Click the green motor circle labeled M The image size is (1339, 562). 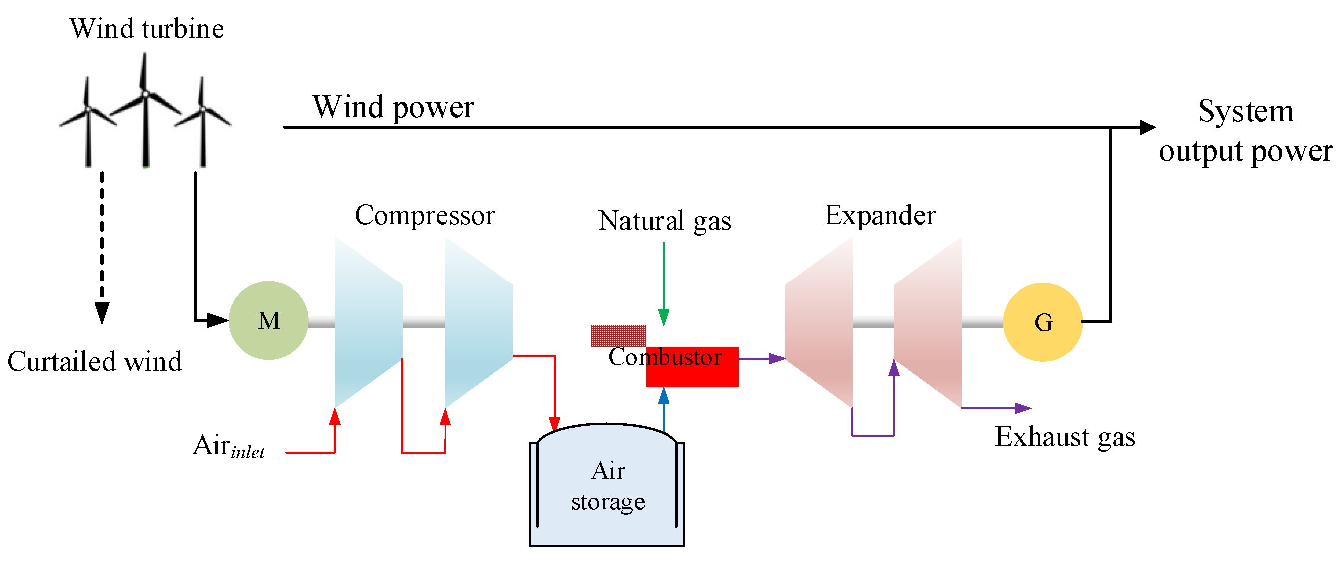269,321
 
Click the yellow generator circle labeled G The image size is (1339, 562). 1042,322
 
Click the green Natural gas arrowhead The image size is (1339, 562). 663,316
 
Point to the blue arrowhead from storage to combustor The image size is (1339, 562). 663,396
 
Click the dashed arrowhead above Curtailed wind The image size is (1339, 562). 102,312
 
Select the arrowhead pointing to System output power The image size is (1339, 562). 1148,127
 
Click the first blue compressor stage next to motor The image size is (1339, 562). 368,322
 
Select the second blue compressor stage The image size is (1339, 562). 478,322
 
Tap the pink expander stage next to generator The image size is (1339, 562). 928,322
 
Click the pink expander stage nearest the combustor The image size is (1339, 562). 819,322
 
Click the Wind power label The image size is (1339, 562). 393,107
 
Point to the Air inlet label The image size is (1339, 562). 228,446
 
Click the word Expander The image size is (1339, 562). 880,215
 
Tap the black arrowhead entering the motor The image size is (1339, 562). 218,320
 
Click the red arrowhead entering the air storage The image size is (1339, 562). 555,424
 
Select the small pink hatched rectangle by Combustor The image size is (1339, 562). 618,336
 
